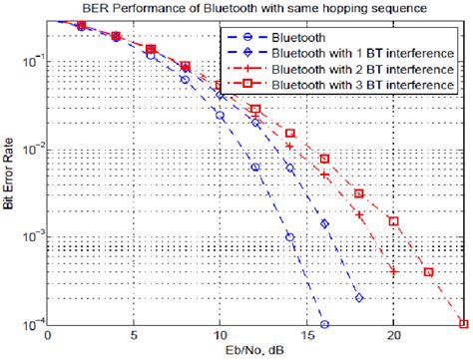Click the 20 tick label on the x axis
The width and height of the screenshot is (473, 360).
pyautogui.click(x=393, y=336)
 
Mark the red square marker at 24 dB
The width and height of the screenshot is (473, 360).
pyautogui.click(x=463, y=323)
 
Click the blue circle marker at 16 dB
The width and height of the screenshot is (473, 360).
pyautogui.click(x=324, y=324)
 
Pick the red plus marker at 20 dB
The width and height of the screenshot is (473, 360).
pyautogui.click(x=393, y=271)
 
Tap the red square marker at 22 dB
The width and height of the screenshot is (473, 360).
pyautogui.click(x=428, y=271)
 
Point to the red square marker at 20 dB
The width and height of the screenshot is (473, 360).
pyautogui.click(x=393, y=221)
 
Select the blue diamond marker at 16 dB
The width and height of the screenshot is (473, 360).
pyautogui.click(x=324, y=223)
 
